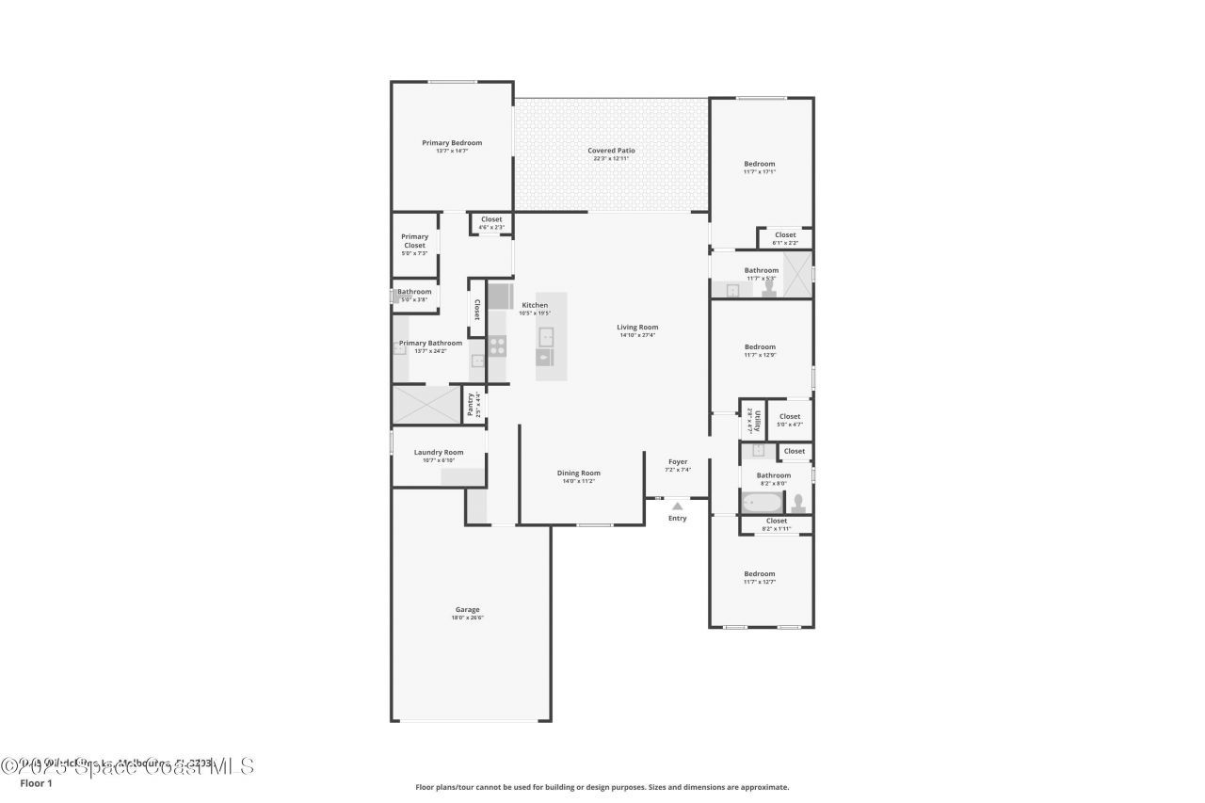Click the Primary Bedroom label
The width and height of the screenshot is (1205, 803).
(x=452, y=143)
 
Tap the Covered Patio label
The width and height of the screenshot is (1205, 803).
(x=611, y=151)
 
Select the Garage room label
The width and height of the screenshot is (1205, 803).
(x=468, y=609)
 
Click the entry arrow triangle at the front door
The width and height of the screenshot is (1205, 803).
(x=677, y=506)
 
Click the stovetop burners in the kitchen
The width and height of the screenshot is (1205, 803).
(x=497, y=345)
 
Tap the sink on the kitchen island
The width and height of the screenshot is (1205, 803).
(x=546, y=336)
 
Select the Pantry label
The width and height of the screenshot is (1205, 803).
(x=471, y=404)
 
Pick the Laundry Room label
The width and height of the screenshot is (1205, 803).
(x=439, y=452)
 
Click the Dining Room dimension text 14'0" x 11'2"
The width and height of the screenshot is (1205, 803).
(x=578, y=481)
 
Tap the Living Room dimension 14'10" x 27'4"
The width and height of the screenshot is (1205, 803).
(x=637, y=335)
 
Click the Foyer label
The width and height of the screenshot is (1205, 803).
(x=678, y=461)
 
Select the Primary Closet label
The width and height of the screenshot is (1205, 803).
(x=414, y=241)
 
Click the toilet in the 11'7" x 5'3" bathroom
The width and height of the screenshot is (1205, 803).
(x=769, y=290)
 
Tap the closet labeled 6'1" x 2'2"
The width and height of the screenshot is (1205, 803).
(x=785, y=238)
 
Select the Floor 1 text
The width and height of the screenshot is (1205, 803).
(x=36, y=783)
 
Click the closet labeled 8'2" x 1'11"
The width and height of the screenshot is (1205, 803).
(x=777, y=524)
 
